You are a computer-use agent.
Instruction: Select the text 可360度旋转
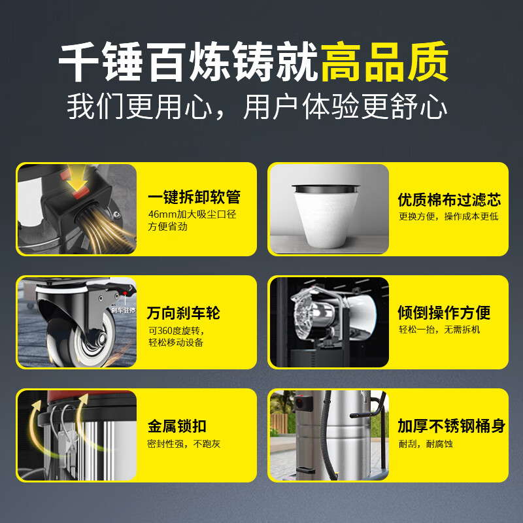click(175, 330)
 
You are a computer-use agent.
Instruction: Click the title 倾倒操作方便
click(445, 312)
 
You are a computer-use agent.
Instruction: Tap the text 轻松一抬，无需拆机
click(439, 329)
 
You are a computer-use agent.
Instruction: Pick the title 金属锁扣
click(177, 426)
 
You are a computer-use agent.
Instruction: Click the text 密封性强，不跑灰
click(184, 444)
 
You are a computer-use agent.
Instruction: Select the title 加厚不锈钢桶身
click(451, 426)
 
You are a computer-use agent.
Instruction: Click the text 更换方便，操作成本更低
click(448, 216)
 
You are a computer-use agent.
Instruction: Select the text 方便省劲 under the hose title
click(167, 227)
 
